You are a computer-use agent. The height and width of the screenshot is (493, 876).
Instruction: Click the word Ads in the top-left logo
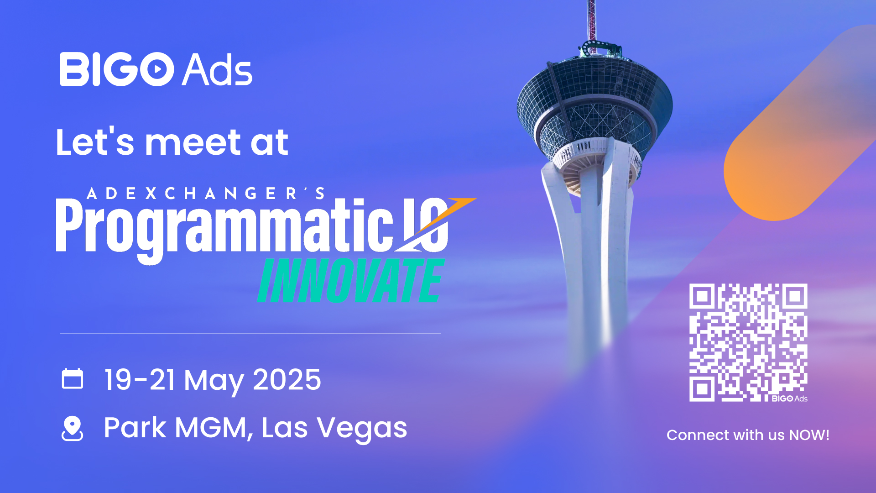(217, 69)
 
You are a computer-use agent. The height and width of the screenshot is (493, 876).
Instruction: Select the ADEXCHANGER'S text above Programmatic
(206, 194)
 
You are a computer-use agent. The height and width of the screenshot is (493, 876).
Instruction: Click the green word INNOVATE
(351, 280)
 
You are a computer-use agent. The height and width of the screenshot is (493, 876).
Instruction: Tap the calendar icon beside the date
(73, 378)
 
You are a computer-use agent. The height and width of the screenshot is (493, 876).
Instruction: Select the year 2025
(287, 379)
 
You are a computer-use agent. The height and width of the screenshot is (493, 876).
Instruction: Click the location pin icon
(72, 428)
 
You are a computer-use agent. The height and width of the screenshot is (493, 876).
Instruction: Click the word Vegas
(362, 429)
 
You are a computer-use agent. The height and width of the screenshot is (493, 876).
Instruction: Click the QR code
(748, 343)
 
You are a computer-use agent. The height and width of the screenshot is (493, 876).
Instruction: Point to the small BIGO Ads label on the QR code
(789, 399)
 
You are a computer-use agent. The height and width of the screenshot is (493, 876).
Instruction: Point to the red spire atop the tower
(591, 21)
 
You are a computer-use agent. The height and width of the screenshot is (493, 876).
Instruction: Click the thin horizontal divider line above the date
(250, 334)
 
